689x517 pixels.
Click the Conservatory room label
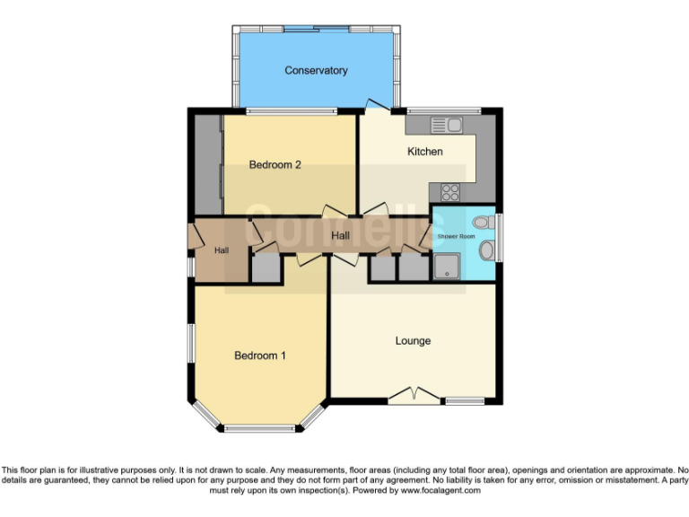click(x=316, y=70)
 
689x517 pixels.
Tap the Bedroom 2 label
click(x=275, y=164)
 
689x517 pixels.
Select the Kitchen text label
click(x=424, y=152)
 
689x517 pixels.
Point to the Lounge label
click(x=413, y=341)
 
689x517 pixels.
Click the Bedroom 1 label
click(x=260, y=355)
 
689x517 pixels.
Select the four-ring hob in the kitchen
click(x=449, y=192)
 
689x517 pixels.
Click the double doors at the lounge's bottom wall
click(x=414, y=394)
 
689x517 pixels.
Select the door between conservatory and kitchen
click(x=378, y=107)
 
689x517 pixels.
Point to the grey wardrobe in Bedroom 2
click(x=209, y=166)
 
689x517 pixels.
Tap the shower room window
click(x=499, y=236)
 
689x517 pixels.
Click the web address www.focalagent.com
click(x=440, y=491)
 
